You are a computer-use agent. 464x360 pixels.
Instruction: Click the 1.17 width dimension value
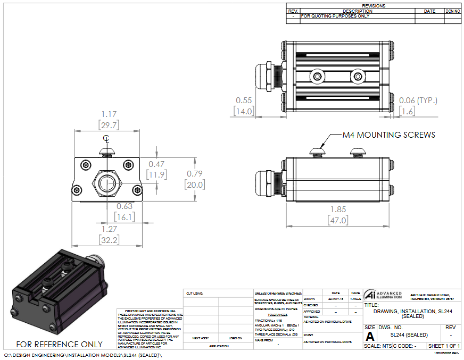(109, 114)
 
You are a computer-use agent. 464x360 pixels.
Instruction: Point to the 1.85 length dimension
(339, 210)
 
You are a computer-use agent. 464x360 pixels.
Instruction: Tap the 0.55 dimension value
(244, 100)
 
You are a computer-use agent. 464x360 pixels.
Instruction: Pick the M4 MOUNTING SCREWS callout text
(388, 135)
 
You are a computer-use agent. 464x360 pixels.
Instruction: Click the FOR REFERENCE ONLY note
(60, 344)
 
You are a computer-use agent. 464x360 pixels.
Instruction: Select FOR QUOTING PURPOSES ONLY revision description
(335, 16)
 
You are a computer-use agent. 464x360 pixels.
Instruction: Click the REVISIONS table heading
(373, 6)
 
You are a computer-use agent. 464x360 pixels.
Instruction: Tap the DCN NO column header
(452, 11)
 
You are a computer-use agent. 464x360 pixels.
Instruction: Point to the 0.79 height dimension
(194, 174)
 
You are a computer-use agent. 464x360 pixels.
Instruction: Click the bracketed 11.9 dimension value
(157, 174)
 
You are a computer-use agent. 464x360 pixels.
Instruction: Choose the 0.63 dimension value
(125, 206)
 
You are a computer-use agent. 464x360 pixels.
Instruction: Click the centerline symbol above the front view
(106, 139)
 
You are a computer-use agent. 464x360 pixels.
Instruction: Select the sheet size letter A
(370, 336)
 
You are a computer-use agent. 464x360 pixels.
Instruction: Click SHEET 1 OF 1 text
(444, 346)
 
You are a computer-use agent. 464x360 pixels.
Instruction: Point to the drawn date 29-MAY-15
(335, 299)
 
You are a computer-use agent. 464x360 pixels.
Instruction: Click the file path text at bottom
(82, 355)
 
